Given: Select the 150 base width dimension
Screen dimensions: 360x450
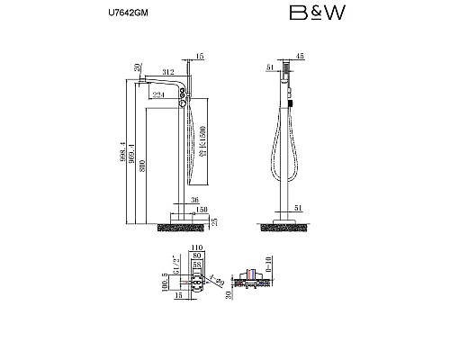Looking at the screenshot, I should click(200, 210).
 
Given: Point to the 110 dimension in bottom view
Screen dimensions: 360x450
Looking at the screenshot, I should click(197, 247).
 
